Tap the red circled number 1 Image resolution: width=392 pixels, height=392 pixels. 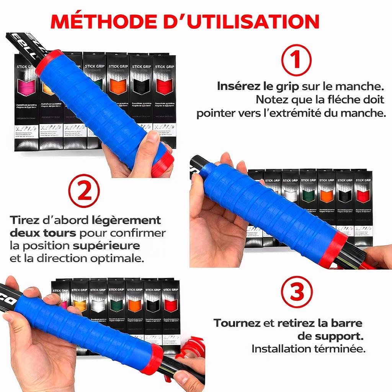(296, 60)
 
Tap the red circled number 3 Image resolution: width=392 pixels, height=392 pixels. (297, 292)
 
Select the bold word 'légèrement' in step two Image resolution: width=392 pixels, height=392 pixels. (126, 221)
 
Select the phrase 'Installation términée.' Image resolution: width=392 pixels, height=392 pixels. (309, 349)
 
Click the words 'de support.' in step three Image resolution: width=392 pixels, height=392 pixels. (330, 336)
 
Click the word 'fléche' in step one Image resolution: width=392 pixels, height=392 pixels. (333, 100)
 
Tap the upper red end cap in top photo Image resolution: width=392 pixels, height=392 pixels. (48, 62)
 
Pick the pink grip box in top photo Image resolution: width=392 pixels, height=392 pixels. (26, 86)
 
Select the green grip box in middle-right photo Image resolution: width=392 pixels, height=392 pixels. (308, 196)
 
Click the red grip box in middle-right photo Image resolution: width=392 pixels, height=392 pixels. (363, 196)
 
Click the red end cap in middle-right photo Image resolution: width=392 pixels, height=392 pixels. (333, 248)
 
